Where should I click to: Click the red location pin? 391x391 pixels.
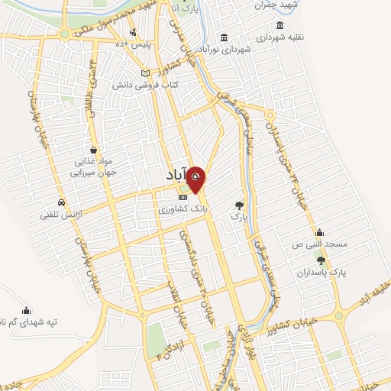tap(196, 179)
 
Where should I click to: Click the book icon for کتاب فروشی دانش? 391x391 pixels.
tap(145, 73)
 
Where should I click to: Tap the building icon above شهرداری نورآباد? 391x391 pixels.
tap(224, 37)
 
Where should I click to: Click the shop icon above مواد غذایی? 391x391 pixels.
tap(93, 150)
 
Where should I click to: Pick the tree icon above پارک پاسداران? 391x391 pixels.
tap(320, 261)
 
